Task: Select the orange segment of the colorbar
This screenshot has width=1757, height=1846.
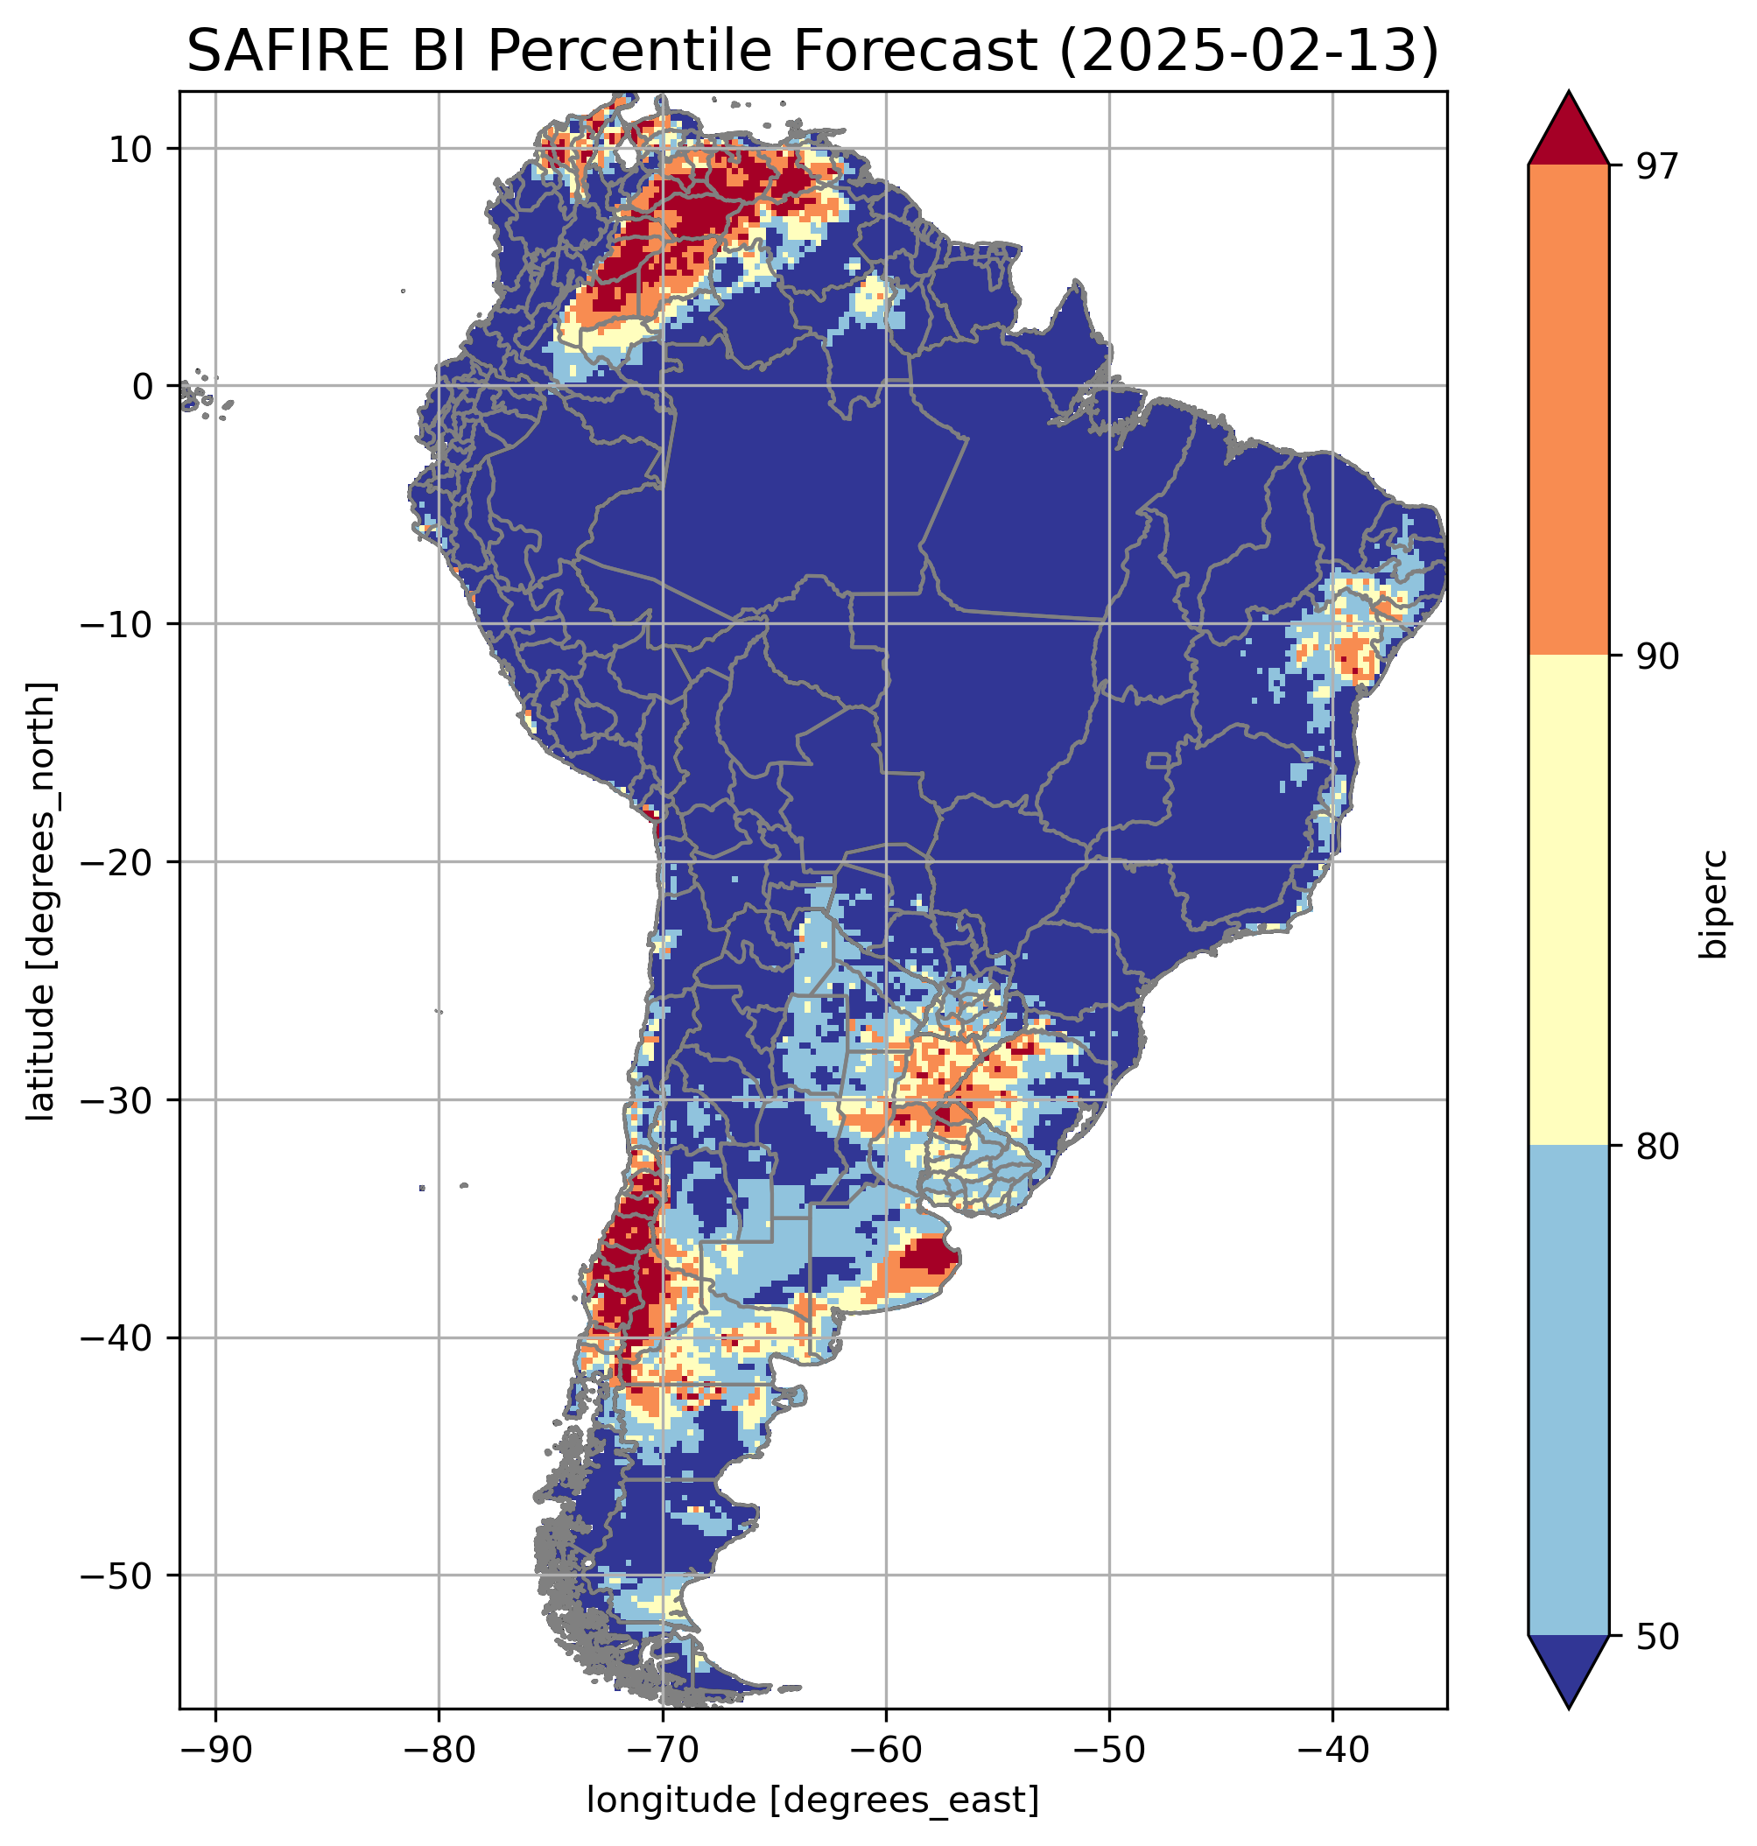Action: [1568, 411]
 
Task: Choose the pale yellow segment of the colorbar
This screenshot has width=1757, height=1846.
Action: [1568, 900]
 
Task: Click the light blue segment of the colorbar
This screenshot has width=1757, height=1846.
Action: [1568, 1391]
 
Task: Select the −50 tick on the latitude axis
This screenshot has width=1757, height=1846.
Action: [116, 1576]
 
